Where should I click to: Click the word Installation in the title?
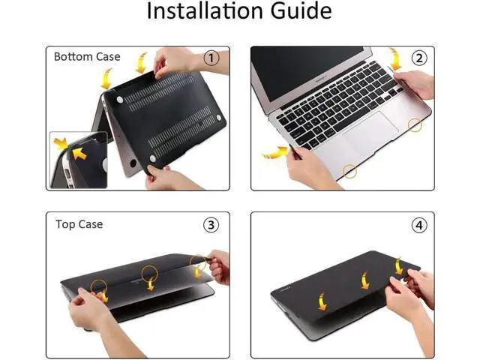point(205,10)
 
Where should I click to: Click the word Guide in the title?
point(301,11)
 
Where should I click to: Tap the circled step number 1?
point(211,58)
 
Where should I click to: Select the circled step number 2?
point(418,58)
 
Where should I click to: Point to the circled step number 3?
point(211,225)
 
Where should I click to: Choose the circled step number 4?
point(418,225)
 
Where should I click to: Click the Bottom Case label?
point(87,57)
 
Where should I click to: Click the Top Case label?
point(79,224)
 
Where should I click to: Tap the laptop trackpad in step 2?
point(371,135)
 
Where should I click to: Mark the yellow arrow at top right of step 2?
point(395,58)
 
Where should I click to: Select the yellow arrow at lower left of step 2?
point(275,152)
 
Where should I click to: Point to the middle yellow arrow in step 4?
point(365,281)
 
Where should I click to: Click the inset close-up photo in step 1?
point(79,160)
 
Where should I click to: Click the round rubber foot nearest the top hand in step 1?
point(120,100)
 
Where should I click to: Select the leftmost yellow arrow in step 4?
point(322,301)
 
